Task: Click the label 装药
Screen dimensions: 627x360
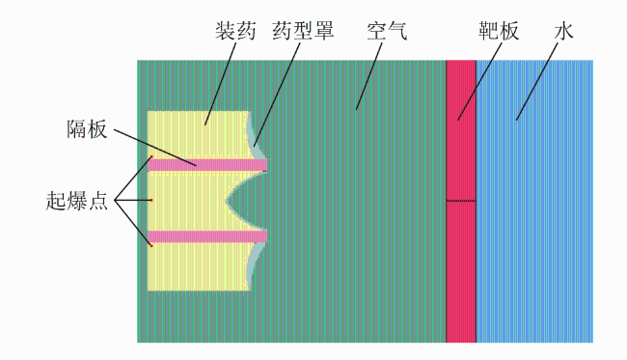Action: pyautogui.click(x=235, y=31)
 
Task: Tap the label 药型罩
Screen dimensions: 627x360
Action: pyautogui.click(x=303, y=31)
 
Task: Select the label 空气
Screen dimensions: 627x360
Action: pyautogui.click(x=387, y=31)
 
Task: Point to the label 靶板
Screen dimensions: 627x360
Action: pyautogui.click(x=499, y=31)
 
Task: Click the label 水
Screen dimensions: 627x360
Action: pyautogui.click(x=564, y=31)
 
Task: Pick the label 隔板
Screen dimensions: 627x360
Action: pyautogui.click(x=87, y=129)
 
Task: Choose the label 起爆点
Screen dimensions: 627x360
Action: pyautogui.click(x=77, y=201)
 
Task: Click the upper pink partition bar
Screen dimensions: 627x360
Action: pyautogui.click(x=207, y=165)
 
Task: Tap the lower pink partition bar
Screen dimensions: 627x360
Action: pyautogui.click(x=207, y=236)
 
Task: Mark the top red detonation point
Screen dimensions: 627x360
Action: pyautogui.click(x=151, y=156)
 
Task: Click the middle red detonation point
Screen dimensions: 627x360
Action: pyautogui.click(x=151, y=200)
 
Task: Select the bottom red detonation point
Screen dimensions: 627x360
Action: pyautogui.click(x=151, y=245)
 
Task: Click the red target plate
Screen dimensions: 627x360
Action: pyautogui.click(x=461, y=201)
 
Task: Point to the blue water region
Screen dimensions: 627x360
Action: pyautogui.click(x=534, y=201)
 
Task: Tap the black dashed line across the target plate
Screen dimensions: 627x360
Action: pyautogui.click(x=461, y=201)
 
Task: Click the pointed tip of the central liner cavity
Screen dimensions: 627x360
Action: pyautogui.click(x=227, y=201)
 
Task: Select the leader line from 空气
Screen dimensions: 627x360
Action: pyautogui.click(x=369, y=76)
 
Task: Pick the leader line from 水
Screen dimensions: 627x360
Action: pyautogui.click(x=536, y=82)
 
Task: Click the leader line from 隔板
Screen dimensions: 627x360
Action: pyautogui.click(x=154, y=147)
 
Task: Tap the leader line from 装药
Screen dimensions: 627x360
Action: pyautogui.click(x=220, y=84)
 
